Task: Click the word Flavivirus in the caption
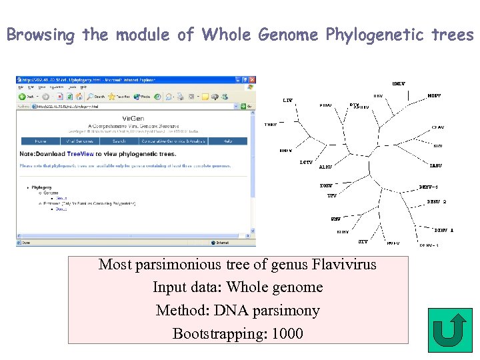pos(343,265)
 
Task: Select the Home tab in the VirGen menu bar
pos(41,141)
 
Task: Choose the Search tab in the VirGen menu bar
pos(119,141)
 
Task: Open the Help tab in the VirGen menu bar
pos(227,141)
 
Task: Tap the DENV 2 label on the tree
pos(437,201)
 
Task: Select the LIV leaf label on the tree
pos(287,100)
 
